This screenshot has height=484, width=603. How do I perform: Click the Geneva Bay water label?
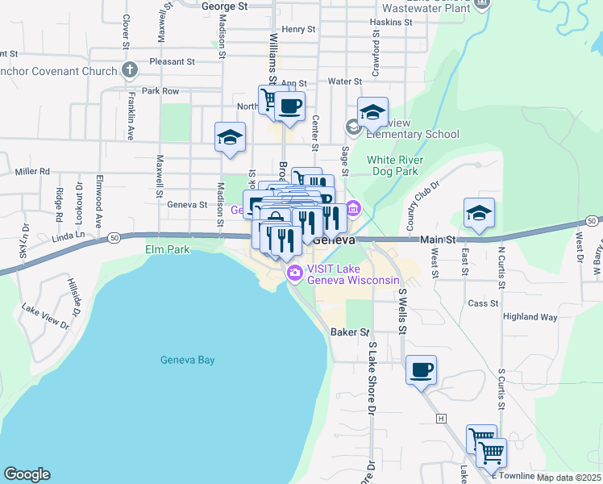188,360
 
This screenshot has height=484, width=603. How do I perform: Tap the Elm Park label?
168,250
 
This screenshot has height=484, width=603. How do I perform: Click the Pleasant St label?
173,61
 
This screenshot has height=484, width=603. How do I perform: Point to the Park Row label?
160,91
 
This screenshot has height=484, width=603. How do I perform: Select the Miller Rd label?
32,172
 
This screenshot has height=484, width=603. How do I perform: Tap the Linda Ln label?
68,235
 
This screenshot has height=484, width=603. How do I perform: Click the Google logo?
27,474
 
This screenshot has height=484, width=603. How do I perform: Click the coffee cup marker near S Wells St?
421,371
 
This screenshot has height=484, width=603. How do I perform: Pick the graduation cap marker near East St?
479,214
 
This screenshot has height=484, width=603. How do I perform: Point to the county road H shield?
441,418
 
